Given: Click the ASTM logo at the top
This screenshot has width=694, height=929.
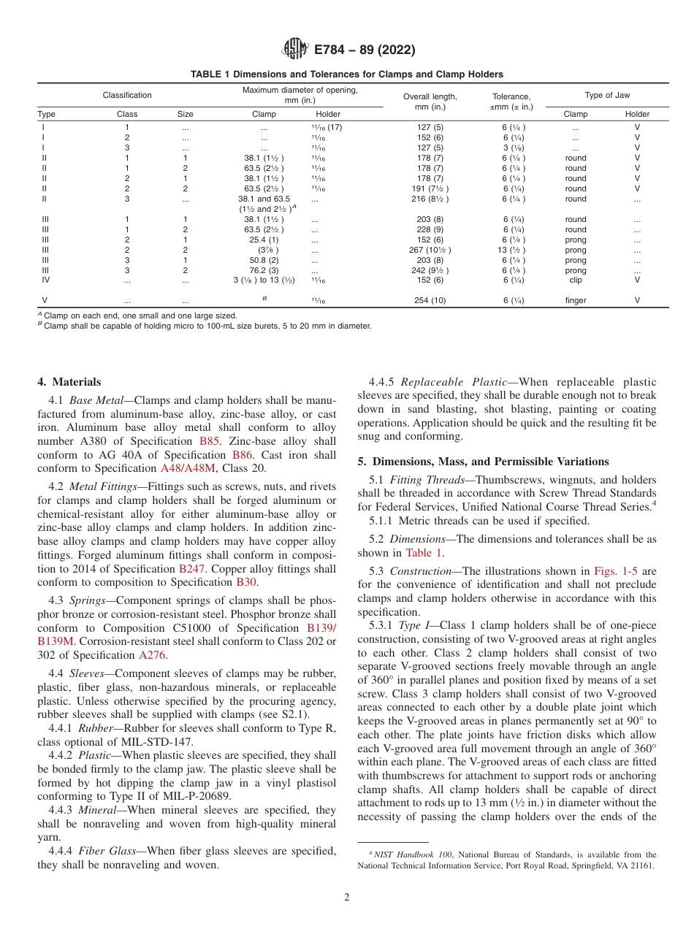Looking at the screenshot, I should [294, 50].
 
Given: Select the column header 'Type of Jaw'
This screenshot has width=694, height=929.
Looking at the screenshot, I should [606, 95].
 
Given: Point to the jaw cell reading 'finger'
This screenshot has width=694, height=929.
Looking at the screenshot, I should [576, 300].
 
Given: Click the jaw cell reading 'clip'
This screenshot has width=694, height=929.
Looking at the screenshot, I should [576, 280].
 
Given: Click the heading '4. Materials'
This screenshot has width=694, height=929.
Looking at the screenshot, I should [69, 382].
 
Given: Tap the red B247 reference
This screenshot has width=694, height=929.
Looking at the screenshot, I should [193, 568].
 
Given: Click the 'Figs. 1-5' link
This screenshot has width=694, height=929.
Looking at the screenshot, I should [614, 571].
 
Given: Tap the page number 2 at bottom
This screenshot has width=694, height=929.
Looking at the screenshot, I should [347, 898].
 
